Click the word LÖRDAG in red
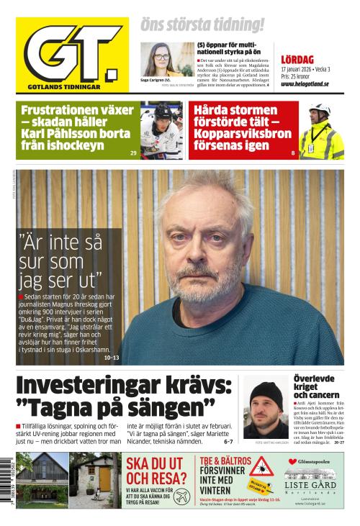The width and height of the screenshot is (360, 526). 297,59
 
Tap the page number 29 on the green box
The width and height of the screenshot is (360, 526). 133,153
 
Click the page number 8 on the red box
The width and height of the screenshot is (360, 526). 293,153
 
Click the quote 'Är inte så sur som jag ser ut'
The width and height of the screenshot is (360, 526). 60,259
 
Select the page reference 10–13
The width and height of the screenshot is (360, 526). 112,357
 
